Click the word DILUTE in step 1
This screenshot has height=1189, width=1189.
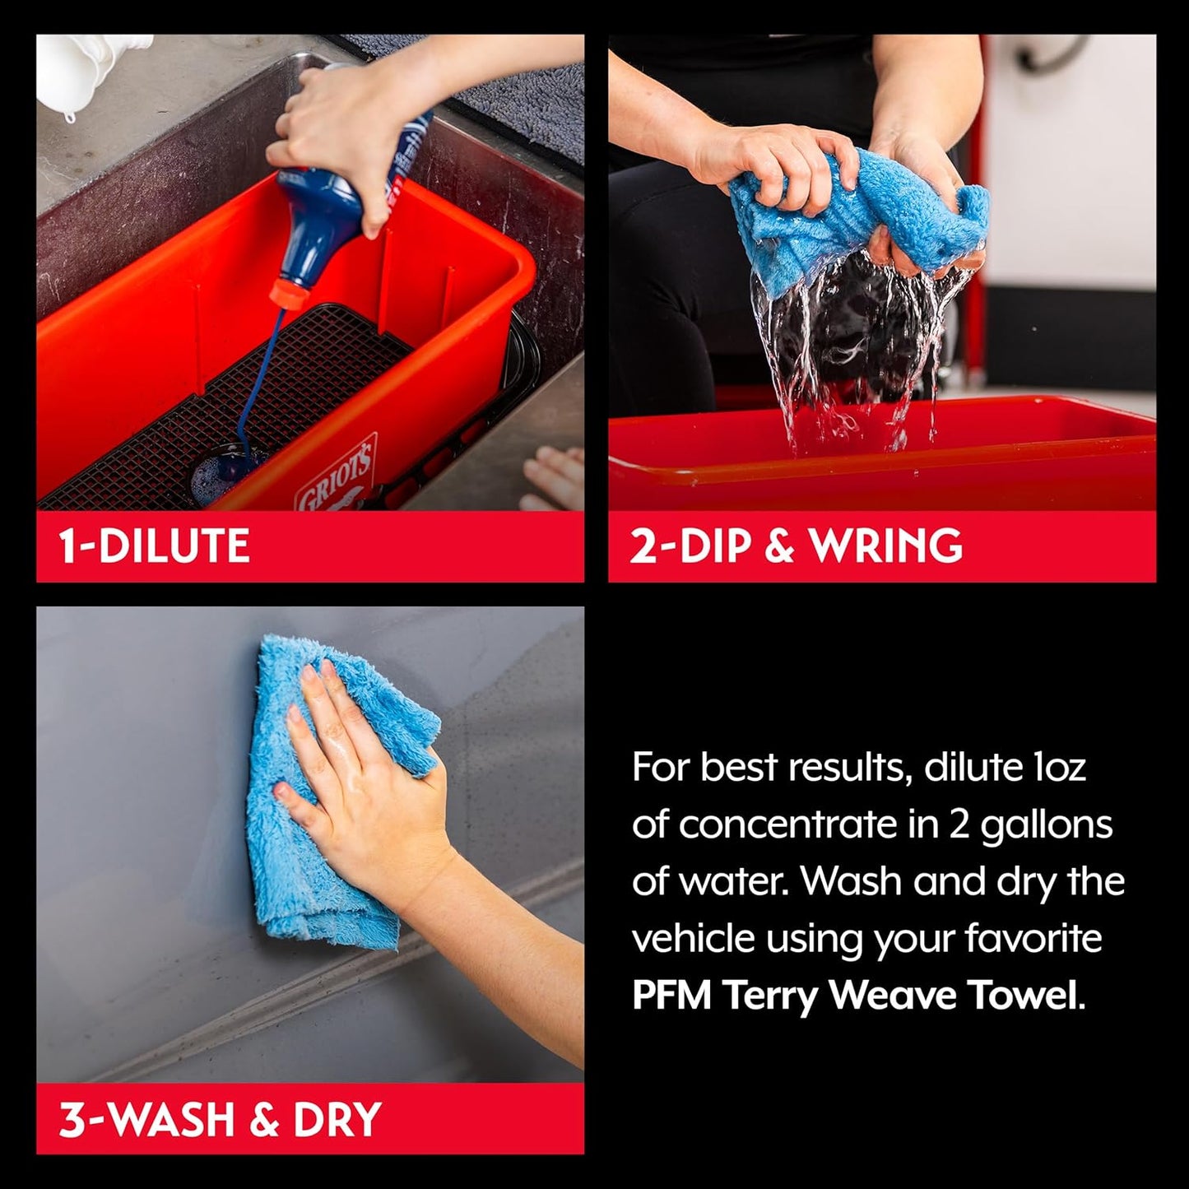174,546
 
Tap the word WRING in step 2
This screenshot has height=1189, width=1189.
886,546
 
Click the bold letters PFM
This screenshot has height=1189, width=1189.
671,996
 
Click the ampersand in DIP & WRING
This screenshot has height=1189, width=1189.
778,546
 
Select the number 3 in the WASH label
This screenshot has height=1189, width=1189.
71,1119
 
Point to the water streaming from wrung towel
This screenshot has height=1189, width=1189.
856,346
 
